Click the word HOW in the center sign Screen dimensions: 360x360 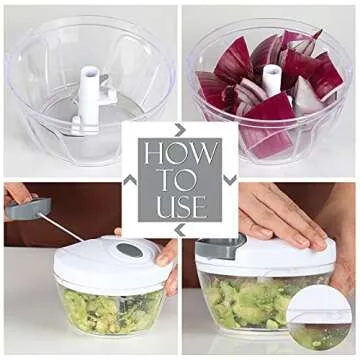coord(180,156)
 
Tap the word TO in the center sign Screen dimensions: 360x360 coord(181,182)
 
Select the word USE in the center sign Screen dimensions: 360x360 coord(180,207)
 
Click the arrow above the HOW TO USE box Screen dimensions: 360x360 coord(180,129)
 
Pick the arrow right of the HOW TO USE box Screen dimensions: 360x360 coord(231,180)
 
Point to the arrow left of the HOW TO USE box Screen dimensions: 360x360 coord(129,180)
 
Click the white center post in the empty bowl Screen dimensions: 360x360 coord(89,84)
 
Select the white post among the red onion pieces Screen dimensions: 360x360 coord(270,79)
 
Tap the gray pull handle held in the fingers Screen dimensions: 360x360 coord(29,209)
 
